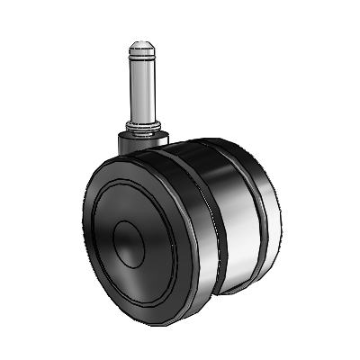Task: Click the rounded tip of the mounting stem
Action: pos(142,45)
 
